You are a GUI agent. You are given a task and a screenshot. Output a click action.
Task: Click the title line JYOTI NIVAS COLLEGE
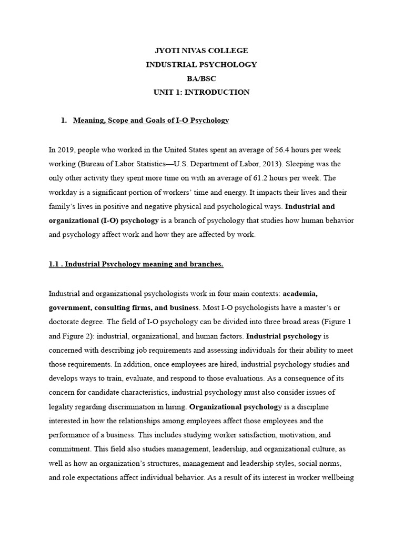201,51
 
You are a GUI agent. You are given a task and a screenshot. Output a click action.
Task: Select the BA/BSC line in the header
201,78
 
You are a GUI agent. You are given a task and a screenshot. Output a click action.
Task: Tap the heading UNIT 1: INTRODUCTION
201,92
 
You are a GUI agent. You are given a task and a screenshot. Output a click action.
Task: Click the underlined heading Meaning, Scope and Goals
151,121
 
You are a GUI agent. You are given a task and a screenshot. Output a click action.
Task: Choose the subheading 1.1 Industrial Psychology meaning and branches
136,264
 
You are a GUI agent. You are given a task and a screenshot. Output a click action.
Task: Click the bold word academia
300,293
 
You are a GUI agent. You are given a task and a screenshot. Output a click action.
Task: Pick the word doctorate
67,321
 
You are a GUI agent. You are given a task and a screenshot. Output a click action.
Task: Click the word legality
63,406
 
